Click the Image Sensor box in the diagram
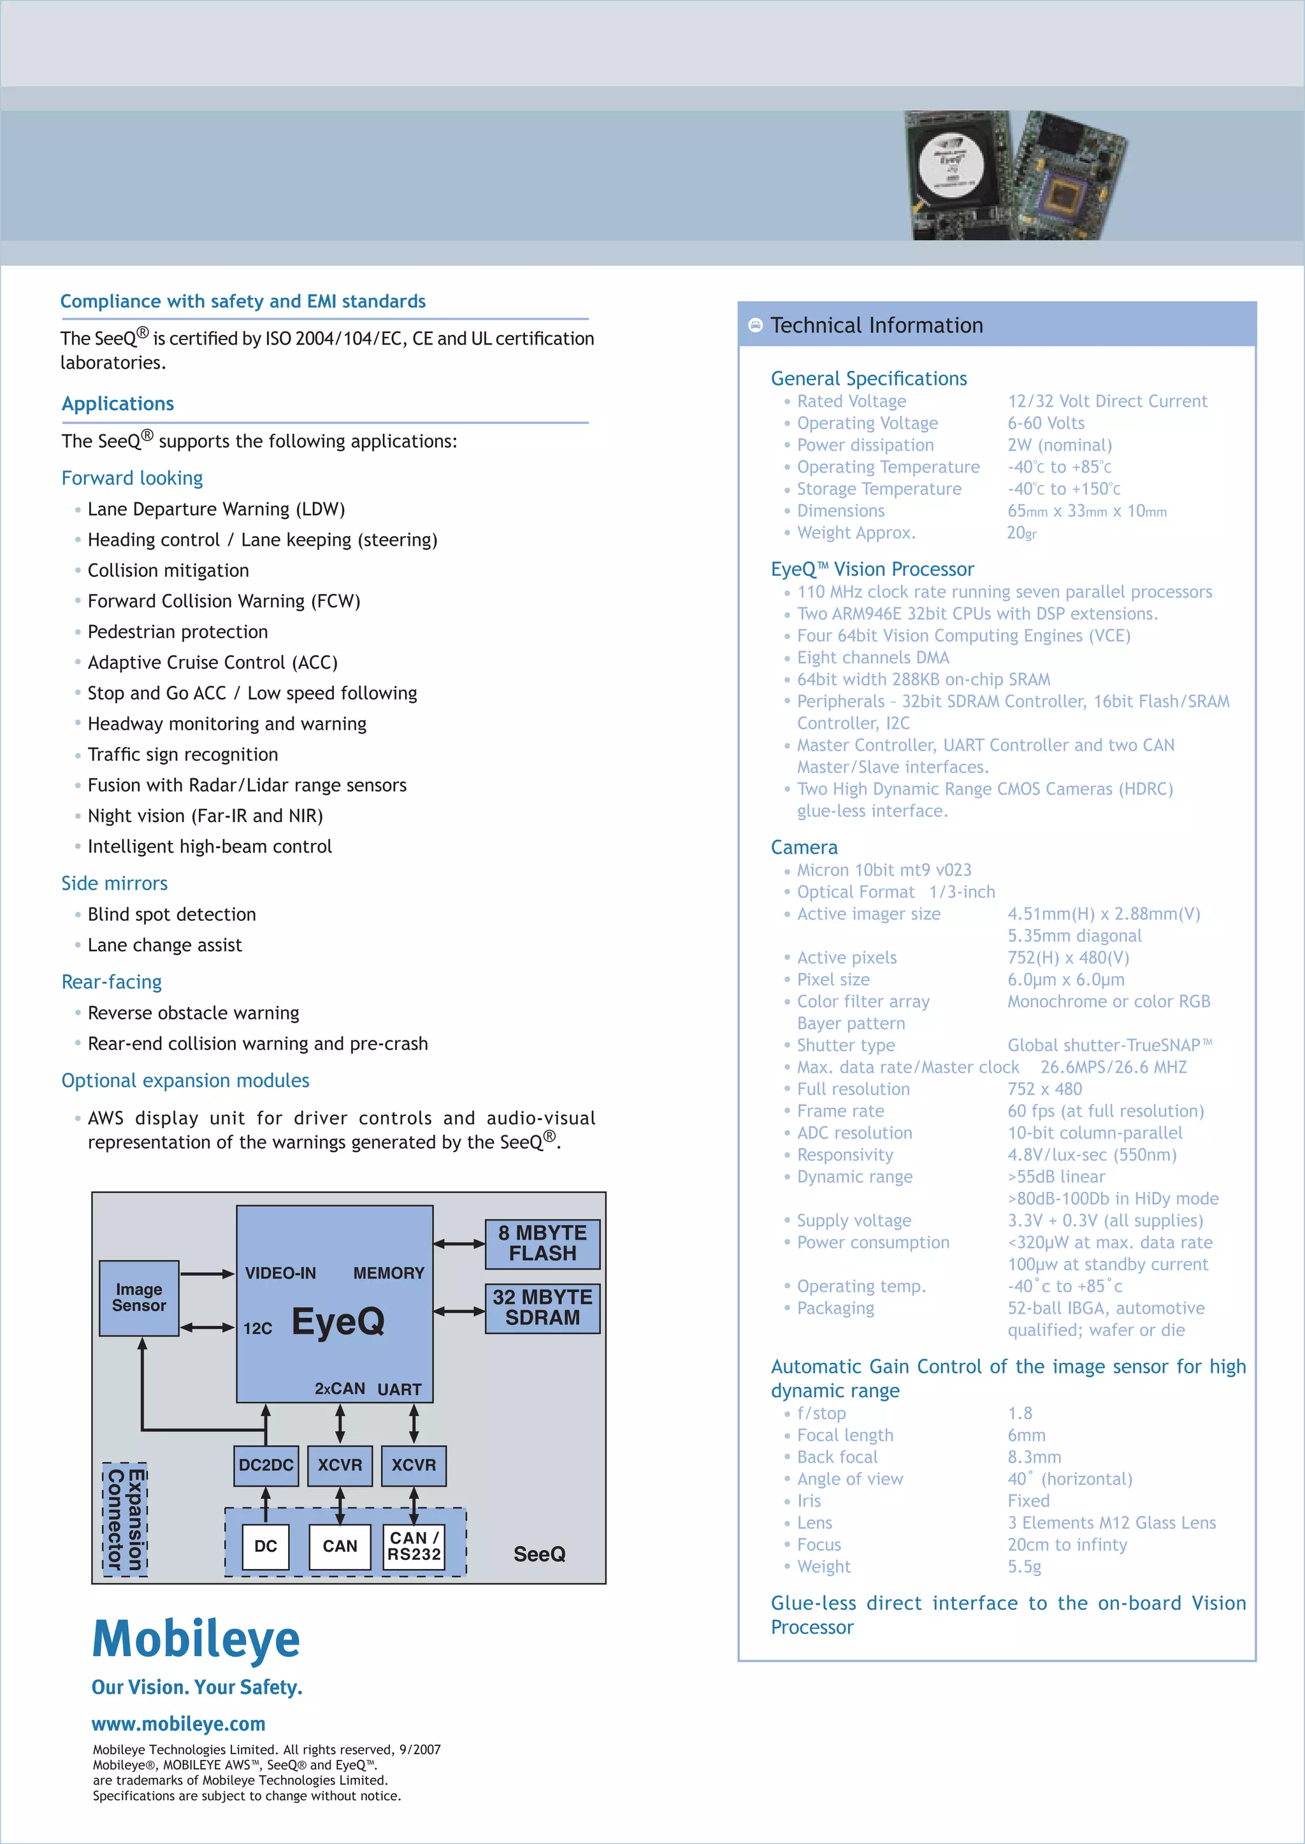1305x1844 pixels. pyautogui.click(x=139, y=1297)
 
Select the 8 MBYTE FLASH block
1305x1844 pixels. pyautogui.click(x=542, y=1244)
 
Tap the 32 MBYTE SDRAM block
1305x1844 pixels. pyautogui.click(x=542, y=1307)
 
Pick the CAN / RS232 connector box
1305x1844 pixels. pyautogui.click(x=414, y=1545)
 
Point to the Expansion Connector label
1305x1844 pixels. pyautogui.click(x=126, y=1519)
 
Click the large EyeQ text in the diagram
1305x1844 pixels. pyautogui.click(x=338, y=1321)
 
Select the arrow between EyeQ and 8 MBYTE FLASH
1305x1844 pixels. pyautogui.click(x=459, y=1244)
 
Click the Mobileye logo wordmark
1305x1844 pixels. pyautogui.click(x=196, y=1638)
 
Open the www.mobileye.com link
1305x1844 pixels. pyautogui.click(x=178, y=1724)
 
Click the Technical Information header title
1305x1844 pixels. pyautogui.click(x=877, y=325)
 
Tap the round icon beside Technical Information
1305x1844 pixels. pyautogui.click(x=755, y=325)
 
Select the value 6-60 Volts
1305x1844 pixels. pyautogui.click(x=1046, y=423)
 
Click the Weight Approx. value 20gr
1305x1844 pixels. pyautogui.click(x=1021, y=532)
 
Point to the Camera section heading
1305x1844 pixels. pyautogui.click(x=804, y=848)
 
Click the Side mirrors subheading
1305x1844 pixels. pyautogui.click(x=114, y=883)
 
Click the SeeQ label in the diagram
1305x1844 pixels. pyautogui.click(x=539, y=1554)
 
